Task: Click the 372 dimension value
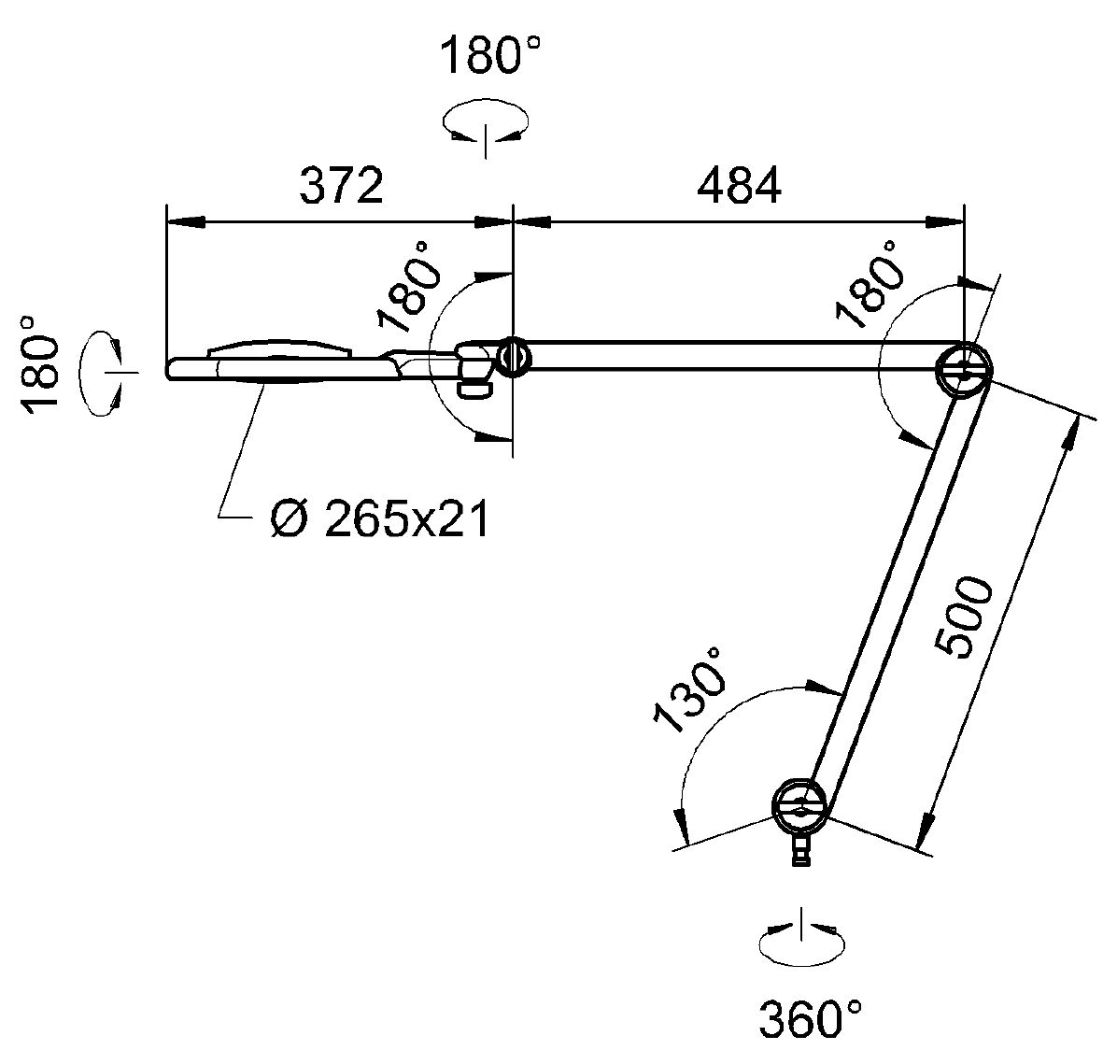click(341, 186)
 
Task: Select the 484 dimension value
click(740, 186)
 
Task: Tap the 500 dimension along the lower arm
click(963, 617)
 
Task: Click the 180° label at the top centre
click(490, 55)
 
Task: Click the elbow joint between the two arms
click(963, 370)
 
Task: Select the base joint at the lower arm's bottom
click(799, 806)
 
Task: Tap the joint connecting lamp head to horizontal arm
click(515, 358)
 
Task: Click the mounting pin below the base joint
click(800, 849)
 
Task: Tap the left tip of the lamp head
click(167, 369)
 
